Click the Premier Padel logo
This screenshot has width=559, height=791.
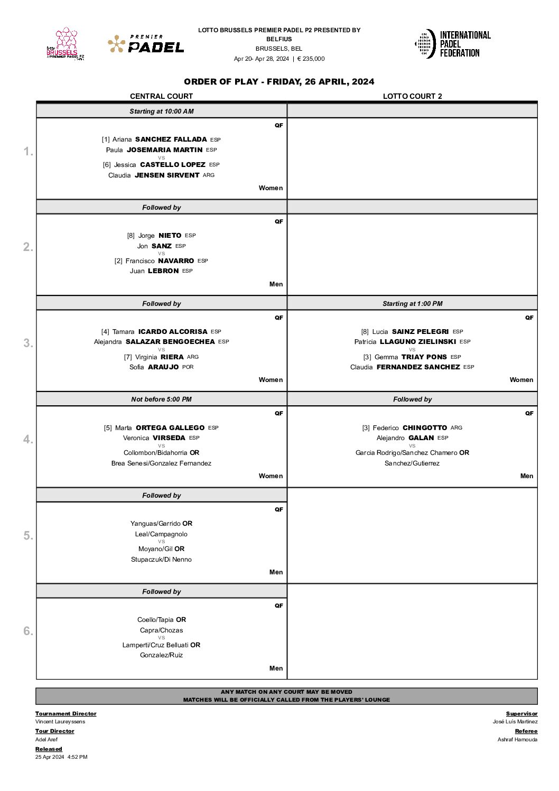tap(146, 44)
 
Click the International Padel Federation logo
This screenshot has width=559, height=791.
tap(453, 44)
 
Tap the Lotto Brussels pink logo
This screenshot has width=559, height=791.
tap(66, 44)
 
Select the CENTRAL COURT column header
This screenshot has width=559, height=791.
tap(161, 96)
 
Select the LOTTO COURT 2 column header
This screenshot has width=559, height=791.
tap(412, 96)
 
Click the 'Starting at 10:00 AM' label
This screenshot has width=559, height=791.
tap(161, 111)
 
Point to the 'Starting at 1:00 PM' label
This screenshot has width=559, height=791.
tap(412, 304)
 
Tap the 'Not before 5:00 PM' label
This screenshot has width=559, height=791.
tap(161, 399)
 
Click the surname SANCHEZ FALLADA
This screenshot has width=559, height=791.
tap(171, 139)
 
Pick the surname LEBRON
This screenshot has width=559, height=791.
tap(163, 271)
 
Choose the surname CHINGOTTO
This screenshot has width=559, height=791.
tap(424, 428)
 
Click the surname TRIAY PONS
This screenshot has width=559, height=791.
tap(424, 357)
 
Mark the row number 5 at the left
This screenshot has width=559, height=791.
tap(28, 536)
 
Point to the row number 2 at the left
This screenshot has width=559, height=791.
tap(28, 247)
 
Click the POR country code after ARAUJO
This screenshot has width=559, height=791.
tap(188, 367)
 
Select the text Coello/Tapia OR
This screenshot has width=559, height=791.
tap(161, 620)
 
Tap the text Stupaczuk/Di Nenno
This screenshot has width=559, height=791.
tap(161, 560)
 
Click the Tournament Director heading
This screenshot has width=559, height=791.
tap(66, 714)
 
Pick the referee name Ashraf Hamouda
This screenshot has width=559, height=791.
tap(517, 740)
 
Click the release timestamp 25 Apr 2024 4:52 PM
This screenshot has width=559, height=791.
tap(61, 757)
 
